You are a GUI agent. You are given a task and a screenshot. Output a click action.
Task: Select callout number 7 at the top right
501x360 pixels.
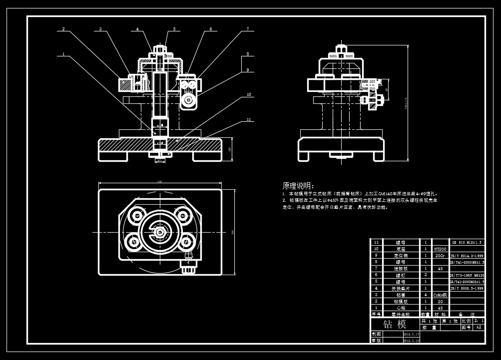[247, 29]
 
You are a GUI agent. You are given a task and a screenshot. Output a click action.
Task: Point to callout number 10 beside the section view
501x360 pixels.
[248, 94]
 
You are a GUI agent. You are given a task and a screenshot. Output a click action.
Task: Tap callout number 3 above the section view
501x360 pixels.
[100, 29]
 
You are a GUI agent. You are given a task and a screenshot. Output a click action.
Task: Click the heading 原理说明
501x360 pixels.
[298, 185]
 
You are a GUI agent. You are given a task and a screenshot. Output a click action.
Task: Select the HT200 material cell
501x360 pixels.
[440, 249]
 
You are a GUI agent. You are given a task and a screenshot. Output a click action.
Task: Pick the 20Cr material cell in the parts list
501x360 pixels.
[440, 255]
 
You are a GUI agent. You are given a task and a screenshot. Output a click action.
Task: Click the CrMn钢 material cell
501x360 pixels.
[440, 295]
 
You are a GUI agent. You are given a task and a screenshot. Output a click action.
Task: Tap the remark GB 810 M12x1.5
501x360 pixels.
[467, 242]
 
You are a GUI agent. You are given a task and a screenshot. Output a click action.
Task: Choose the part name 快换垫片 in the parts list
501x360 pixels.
[401, 288]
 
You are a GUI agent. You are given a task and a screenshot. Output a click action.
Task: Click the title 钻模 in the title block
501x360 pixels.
[394, 325]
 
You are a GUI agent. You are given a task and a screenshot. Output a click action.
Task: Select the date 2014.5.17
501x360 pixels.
[411, 334]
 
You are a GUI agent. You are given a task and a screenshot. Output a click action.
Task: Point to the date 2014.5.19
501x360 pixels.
[411, 341]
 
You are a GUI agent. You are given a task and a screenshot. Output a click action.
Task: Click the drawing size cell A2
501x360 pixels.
[478, 328]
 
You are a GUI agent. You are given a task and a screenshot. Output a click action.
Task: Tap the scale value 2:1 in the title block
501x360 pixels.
[479, 321]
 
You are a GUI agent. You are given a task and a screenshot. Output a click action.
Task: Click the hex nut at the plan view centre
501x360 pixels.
[159, 232]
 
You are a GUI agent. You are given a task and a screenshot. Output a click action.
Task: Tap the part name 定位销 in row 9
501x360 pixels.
[401, 255]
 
